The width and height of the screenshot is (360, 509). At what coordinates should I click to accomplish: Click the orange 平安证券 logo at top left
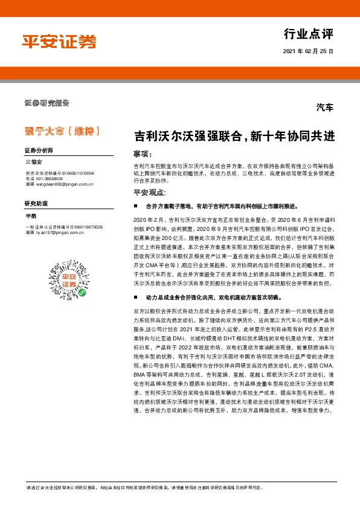pyautogui.click(x=59, y=42)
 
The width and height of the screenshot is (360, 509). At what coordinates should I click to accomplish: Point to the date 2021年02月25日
pyautogui.click(x=308, y=52)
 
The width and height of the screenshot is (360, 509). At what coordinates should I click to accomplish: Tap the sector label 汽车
pyautogui.click(x=324, y=108)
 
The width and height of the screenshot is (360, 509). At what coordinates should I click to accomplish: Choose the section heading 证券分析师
pyautogui.click(x=39, y=149)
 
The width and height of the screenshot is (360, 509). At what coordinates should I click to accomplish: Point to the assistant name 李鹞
pyautogui.click(x=30, y=215)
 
